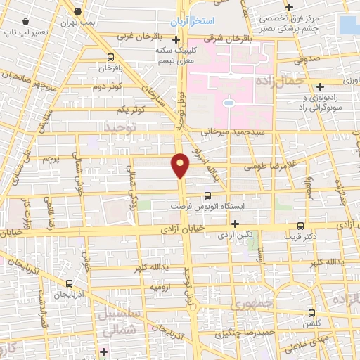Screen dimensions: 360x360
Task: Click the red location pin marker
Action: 181,166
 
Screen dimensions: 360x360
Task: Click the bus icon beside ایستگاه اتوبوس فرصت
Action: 207,196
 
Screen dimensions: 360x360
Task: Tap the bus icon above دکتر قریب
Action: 300,226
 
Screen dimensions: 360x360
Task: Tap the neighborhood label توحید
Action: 121,126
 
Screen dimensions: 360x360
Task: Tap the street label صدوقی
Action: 309,61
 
